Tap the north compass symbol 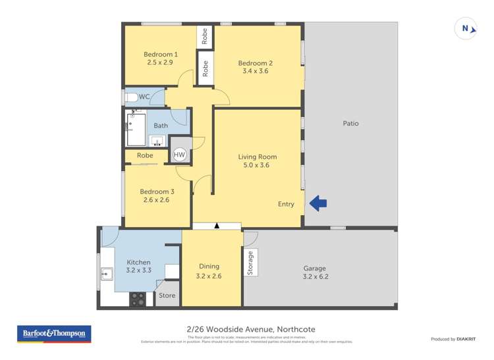coord(466,28)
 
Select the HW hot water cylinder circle coord(179,155)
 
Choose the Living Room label coord(257,157)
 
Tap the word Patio coord(350,123)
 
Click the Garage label coord(315,268)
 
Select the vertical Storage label coord(250,263)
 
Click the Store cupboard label coord(167,296)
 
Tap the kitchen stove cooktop coord(137,299)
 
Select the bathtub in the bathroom coord(136,129)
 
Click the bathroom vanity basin coord(157,141)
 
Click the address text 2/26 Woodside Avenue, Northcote coord(247,334)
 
